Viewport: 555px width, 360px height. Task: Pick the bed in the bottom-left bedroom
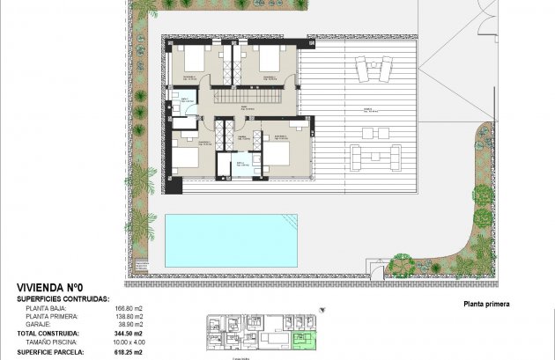pos(186,158)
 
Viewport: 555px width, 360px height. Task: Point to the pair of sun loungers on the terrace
pos(374,68)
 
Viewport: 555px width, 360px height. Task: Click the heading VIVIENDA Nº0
pos(49,287)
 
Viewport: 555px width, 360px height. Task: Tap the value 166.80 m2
pos(129,308)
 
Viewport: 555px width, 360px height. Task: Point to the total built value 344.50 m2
pos(129,334)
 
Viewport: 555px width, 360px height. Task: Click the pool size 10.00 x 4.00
pos(129,342)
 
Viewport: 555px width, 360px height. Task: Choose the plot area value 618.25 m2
pos(129,351)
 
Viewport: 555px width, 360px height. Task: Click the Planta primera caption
pos(486,305)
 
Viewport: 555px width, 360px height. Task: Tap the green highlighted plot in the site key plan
pos(304,340)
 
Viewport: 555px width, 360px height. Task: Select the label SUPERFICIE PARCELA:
pos(49,351)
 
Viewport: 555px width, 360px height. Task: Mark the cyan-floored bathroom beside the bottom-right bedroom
pos(242,164)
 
